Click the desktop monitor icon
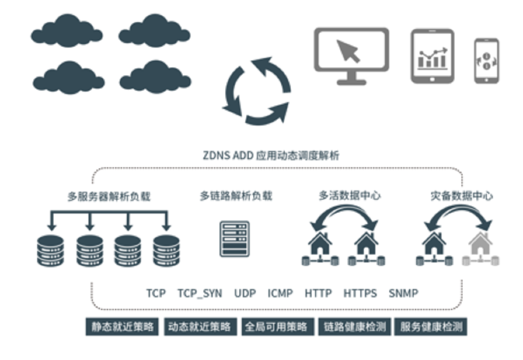click(x=351, y=54)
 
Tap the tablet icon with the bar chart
click(x=432, y=56)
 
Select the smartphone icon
click(x=486, y=61)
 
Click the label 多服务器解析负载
click(x=109, y=197)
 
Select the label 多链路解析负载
click(x=236, y=196)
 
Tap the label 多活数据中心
click(x=350, y=196)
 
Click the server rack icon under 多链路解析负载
click(x=234, y=238)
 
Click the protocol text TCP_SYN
click(x=200, y=293)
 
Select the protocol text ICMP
click(x=280, y=293)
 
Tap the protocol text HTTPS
click(x=360, y=293)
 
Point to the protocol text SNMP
click(x=403, y=293)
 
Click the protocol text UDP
click(x=245, y=293)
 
